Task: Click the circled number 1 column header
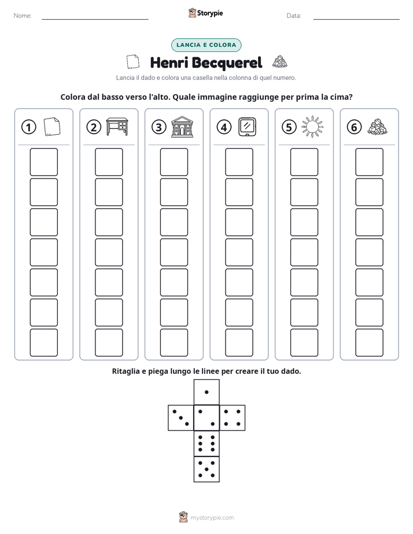pos(28,127)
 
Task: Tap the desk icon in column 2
pos(117,127)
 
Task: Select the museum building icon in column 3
pos(182,127)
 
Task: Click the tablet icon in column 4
pos(247,127)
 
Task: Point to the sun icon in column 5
pos(312,127)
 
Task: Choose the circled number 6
pos(354,127)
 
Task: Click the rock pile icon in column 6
pos(378,127)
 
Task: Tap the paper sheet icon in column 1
pos(52,127)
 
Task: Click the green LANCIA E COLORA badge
pos(206,45)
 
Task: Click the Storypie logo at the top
pos(206,13)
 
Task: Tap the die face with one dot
pos(207,392)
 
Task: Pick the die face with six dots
pos(207,443)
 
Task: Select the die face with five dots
pos(207,469)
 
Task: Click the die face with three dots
pos(181,418)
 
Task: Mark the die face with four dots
pos(233,418)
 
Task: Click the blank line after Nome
pos(95,19)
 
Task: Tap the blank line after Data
pos(356,19)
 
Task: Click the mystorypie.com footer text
pos(212,518)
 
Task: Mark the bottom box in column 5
pos(304,343)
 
